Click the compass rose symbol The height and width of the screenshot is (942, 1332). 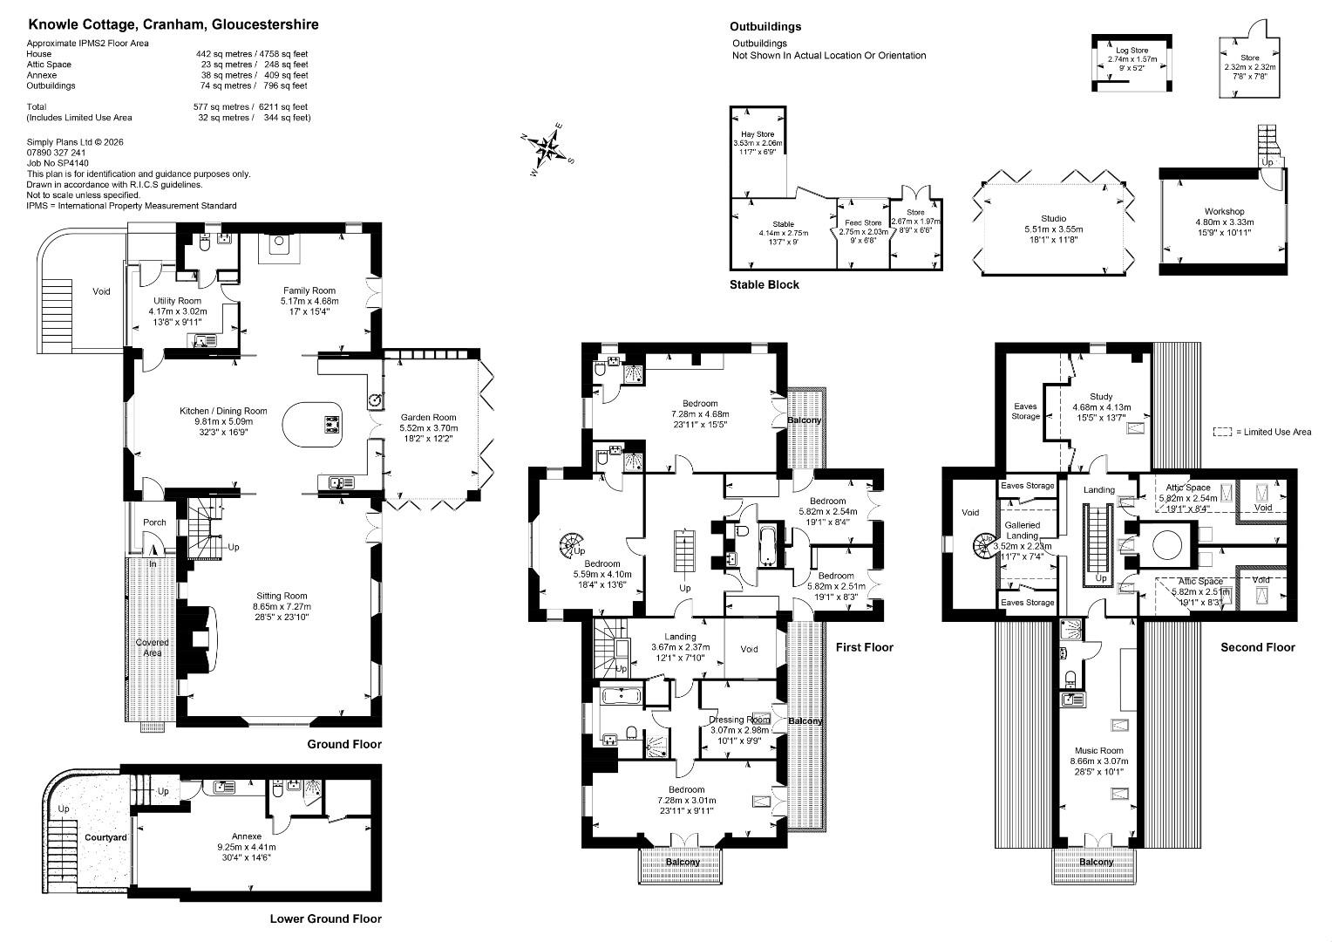click(547, 149)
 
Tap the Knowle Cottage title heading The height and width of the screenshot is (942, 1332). click(173, 24)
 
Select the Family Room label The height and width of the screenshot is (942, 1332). click(309, 290)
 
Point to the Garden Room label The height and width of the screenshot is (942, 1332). click(428, 417)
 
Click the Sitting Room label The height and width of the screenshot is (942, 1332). click(282, 596)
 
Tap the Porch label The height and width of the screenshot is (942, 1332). click(154, 522)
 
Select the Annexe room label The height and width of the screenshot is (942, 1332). click(247, 836)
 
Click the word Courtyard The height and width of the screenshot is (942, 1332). click(105, 837)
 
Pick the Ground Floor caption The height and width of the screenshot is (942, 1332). click(344, 744)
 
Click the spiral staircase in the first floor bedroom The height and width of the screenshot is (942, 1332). click(572, 544)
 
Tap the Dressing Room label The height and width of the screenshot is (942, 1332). click(739, 720)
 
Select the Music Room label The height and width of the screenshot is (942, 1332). click(1099, 750)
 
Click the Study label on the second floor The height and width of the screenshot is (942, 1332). click(1101, 396)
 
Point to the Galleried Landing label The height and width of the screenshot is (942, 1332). click(1023, 530)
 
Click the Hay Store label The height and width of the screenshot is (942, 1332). click(758, 134)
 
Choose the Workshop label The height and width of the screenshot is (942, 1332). click(1225, 211)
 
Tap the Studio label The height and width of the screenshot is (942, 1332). click(1054, 218)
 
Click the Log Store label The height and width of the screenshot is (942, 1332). click(1132, 51)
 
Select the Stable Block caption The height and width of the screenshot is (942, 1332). click(765, 284)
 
